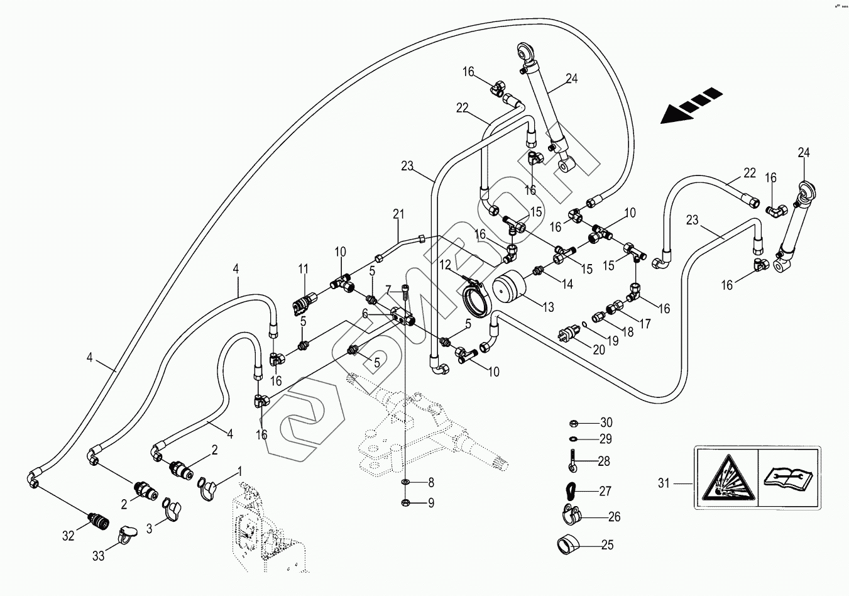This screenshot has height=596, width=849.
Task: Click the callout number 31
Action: click(664, 483)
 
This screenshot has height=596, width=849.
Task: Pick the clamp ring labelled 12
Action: click(476, 299)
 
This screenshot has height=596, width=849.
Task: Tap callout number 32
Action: click(68, 536)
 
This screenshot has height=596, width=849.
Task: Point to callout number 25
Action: click(607, 545)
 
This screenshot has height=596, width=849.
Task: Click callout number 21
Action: click(397, 214)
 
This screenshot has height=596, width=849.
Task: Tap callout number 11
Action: click(304, 269)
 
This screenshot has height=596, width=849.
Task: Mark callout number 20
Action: click(599, 350)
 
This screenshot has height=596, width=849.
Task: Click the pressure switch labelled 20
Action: click(568, 334)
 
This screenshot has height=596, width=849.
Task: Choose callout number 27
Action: click(605, 491)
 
